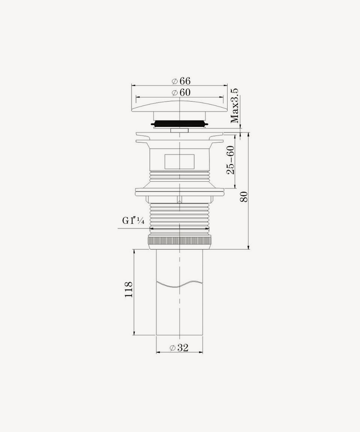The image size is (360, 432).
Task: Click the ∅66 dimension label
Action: tap(181, 81)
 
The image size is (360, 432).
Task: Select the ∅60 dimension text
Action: tap(181, 92)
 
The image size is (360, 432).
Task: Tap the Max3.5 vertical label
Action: tap(234, 106)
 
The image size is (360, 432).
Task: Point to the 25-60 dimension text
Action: tap(230, 160)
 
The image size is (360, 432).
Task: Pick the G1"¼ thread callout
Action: tap(133, 221)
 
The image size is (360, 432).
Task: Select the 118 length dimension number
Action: tap(129, 289)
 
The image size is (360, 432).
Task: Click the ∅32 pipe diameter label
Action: tap(179, 348)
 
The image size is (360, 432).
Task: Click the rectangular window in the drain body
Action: tap(180, 161)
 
